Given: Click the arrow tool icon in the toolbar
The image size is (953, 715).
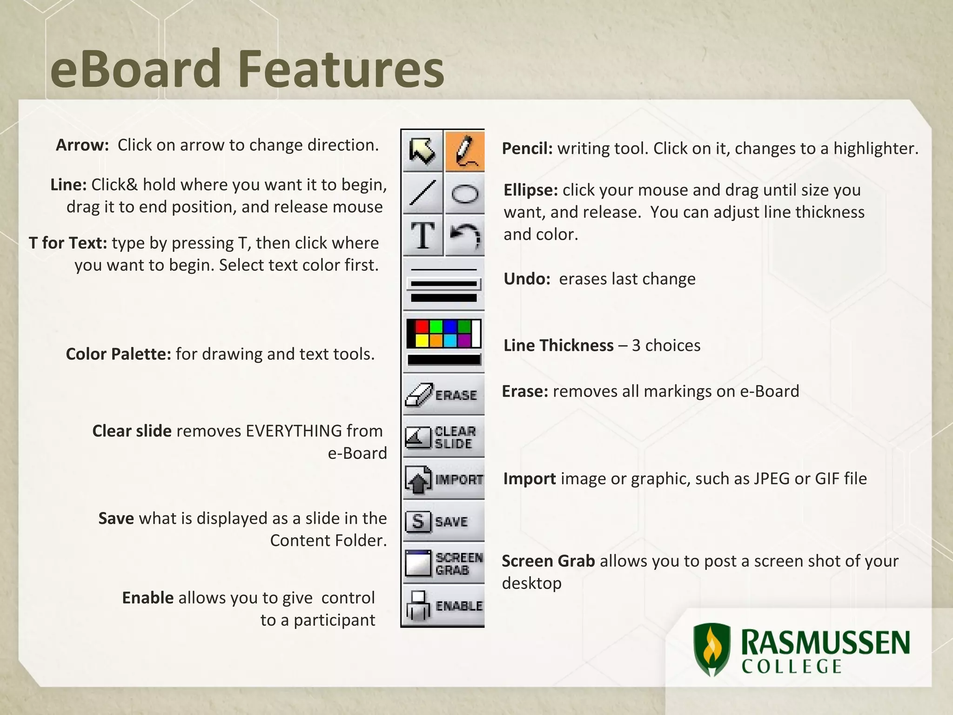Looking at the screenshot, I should point(422,151).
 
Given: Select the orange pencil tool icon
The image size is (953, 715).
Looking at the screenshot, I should point(464,151).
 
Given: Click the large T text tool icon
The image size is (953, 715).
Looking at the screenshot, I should point(422,236).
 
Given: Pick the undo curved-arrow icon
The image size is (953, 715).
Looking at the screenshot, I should point(464,236).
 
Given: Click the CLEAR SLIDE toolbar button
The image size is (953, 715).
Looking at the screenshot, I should point(443,437).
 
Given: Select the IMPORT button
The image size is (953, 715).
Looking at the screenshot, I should point(443,479).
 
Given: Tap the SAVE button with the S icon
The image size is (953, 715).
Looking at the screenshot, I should point(443,521).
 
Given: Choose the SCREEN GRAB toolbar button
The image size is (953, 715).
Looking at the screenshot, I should point(443,563).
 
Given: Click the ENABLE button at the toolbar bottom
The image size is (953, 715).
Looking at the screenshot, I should point(443,606).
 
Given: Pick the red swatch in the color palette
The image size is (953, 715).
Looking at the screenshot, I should point(422,326).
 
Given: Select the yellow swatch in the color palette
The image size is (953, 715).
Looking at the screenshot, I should point(422,341).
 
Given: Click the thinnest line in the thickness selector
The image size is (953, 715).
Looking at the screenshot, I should point(443,270).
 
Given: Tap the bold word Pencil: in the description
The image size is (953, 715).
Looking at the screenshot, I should point(527,148).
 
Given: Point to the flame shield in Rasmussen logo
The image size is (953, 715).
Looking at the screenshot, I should point(711,650).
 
